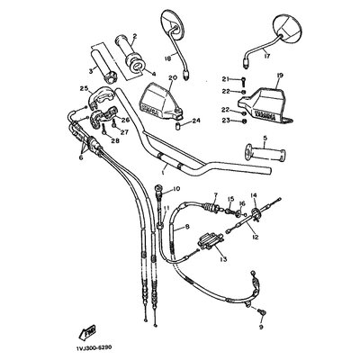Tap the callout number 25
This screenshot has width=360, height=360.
pos(84,88)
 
